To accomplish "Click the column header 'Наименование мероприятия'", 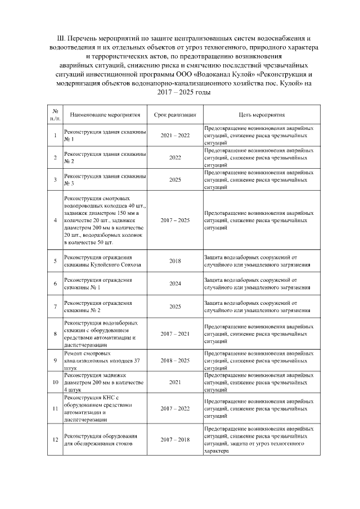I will (x=105, y=115).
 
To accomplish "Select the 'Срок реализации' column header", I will (x=175, y=115).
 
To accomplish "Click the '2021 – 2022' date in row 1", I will (x=175, y=136).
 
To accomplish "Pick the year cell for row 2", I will (x=175, y=158).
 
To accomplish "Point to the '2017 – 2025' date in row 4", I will (x=175, y=220).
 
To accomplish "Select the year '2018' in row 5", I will (x=175, y=262).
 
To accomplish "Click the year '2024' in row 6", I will (x=175, y=283).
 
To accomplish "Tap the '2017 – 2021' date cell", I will (x=175, y=334).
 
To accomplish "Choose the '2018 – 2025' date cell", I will (x=175, y=360).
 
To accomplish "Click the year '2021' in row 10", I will (x=175, y=382).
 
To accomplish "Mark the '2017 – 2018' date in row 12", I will (x=175, y=439).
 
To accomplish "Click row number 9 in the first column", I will (x=55, y=360).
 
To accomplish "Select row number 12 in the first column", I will (x=55, y=439).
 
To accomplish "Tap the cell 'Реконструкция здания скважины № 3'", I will (x=105, y=180).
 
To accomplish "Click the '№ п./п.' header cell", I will (x=55, y=115).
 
